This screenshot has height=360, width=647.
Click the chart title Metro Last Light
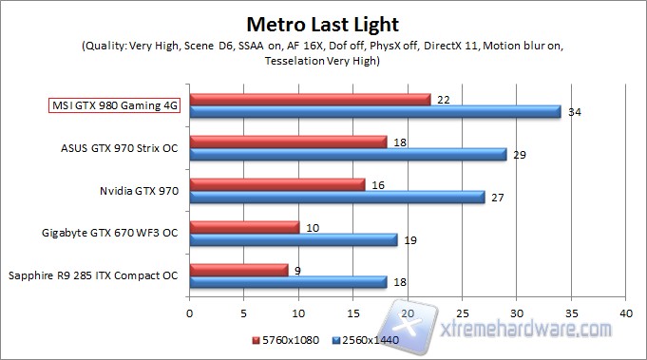(322, 22)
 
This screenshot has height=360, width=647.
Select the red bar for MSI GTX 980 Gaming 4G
(310, 99)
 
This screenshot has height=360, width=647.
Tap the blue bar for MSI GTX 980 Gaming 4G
(375, 112)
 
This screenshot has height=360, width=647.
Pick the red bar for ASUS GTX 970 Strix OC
(288, 142)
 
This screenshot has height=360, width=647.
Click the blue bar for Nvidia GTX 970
(337, 198)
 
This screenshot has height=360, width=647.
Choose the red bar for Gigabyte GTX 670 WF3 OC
(244, 227)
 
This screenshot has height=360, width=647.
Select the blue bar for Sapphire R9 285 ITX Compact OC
(288, 282)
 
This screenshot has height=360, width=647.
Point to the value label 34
(574, 112)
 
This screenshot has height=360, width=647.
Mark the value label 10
(312, 227)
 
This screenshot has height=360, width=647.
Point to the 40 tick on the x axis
(624, 312)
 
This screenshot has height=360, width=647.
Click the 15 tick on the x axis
(353, 312)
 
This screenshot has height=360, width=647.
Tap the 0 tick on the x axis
(190, 312)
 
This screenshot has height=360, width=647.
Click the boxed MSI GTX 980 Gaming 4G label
(114, 104)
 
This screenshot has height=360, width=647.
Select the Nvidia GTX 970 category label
(139, 190)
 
